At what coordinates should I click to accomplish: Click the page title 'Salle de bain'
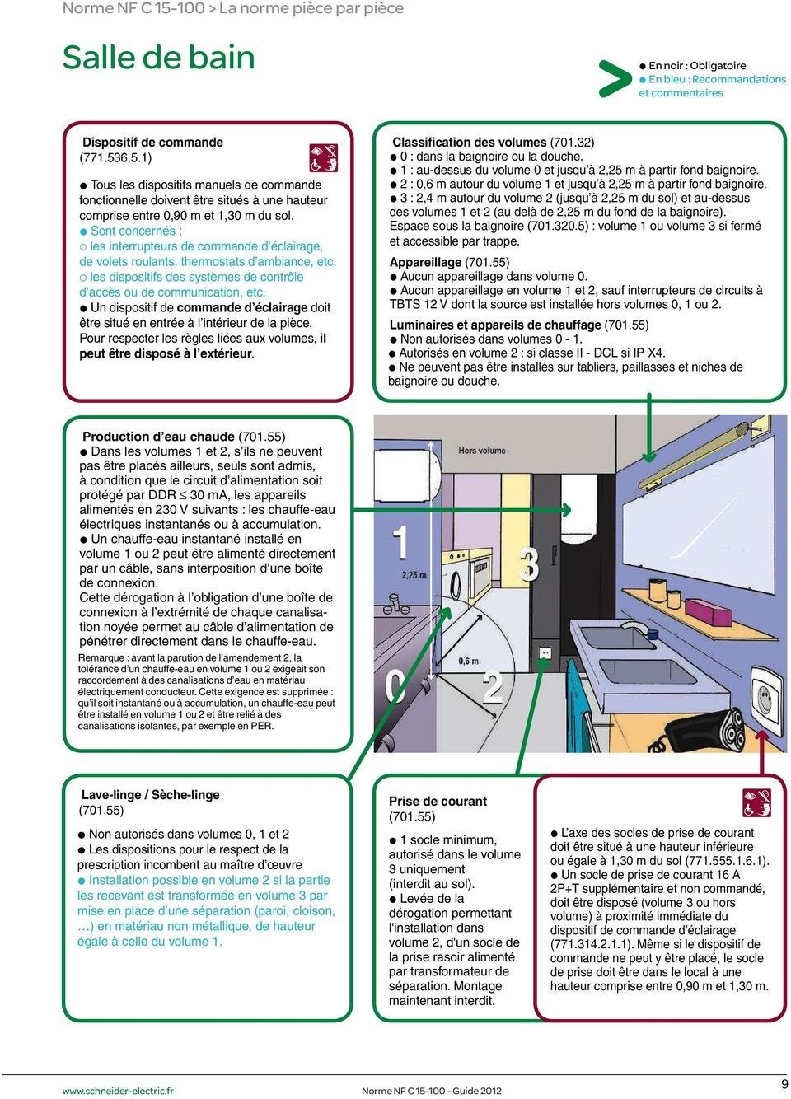coord(158,58)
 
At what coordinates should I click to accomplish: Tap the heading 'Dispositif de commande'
coord(152,143)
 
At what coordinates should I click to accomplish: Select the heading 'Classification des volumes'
coord(469,143)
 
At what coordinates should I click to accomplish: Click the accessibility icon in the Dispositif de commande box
coord(323,157)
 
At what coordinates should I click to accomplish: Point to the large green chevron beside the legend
coord(613,78)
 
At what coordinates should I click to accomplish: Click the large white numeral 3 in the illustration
coord(529,564)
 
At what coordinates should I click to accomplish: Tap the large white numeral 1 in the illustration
coord(400,542)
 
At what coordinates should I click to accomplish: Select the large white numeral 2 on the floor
coord(493,686)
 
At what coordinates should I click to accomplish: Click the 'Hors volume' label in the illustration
coord(481,451)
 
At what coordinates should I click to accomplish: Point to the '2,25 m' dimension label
coord(414,574)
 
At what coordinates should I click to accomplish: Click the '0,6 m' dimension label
coord(468,662)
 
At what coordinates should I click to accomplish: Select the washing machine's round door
coord(456,584)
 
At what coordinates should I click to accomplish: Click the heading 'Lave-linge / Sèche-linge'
coord(150,794)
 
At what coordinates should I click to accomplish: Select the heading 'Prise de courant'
coord(438,802)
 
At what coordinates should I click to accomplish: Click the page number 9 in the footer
coord(784,1083)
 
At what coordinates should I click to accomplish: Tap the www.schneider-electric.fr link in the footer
coord(118,1090)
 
